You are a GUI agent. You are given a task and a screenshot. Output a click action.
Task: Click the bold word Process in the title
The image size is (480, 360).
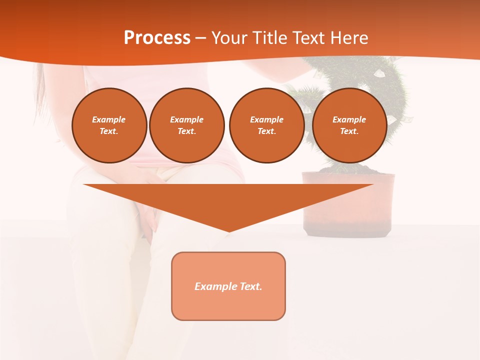tap(157, 38)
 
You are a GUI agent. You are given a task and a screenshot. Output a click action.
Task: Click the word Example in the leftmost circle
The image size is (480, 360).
tap(109, 119)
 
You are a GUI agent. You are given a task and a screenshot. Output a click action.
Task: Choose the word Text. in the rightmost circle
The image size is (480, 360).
tap(349, 131)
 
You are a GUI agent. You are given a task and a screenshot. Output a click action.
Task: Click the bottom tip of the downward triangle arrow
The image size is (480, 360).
tap(228, 230)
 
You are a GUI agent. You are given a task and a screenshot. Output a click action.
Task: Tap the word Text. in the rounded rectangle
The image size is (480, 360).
tap(250, 286)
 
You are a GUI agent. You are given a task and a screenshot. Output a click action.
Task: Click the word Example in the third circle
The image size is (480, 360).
tap(266, 119)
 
